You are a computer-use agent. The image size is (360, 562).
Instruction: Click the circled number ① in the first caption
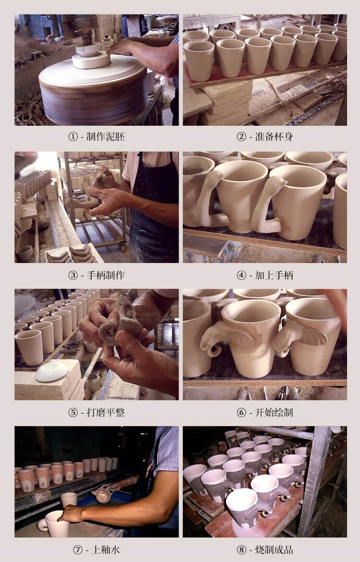coord(73,137)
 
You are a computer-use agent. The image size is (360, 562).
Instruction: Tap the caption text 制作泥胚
coord(106,137)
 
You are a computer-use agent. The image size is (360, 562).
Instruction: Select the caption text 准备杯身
coord(274,137)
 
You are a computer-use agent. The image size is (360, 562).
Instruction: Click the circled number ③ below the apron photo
coord(73,275)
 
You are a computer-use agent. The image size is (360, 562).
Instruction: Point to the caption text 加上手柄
coord(274,275)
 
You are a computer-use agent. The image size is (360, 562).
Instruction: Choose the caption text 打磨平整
coord(106,412)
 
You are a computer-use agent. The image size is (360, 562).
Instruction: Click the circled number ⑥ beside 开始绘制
coord(241,412)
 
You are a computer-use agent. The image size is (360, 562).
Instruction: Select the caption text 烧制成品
coord(274,550)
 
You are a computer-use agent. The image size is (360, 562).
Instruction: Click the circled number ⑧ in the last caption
coord(241,550)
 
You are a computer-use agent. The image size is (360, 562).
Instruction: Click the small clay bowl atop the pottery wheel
coord(89,49)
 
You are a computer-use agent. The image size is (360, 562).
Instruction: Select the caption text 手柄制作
coord(106,275)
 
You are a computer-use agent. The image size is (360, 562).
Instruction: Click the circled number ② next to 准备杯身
coord(241,137)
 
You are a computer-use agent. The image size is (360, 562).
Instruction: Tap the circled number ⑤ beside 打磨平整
coord(73,412)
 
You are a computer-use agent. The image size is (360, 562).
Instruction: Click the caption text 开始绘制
coord(274,412)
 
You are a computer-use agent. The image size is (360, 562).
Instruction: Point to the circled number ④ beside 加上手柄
coord(241,275)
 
